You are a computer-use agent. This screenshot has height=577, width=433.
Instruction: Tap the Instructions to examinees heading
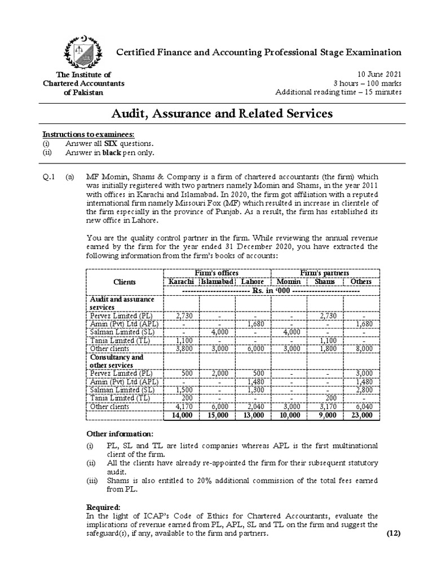pos(89,135)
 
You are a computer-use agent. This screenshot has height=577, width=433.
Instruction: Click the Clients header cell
pos(124,281)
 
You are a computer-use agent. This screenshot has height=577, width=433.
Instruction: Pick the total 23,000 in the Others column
pos(361,415)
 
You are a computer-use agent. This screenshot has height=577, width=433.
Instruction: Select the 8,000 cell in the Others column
pos(361,349)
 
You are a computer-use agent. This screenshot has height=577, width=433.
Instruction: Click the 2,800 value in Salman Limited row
pos(361,389)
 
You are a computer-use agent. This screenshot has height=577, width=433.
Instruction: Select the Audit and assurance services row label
pos(114,303)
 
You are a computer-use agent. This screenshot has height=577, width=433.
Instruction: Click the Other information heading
pos(119,434)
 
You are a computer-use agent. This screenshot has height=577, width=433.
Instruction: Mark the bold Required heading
pos(104,507)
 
